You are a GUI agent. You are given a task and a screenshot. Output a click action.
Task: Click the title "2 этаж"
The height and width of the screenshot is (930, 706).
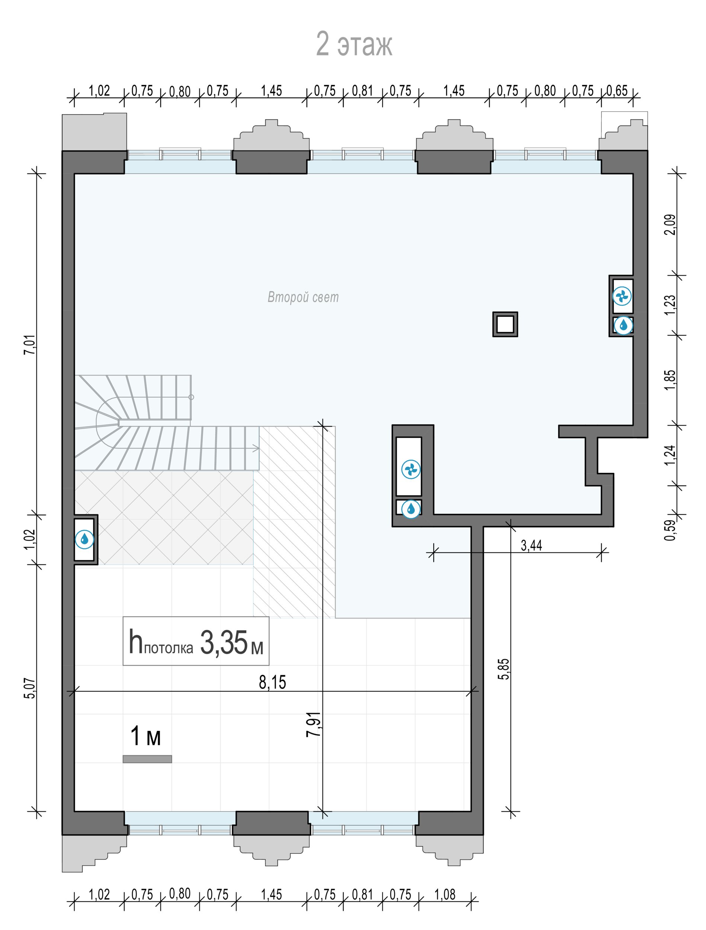tap(354, 44)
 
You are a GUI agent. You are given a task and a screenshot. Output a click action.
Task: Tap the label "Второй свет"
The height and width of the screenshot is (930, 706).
tap(303, 297)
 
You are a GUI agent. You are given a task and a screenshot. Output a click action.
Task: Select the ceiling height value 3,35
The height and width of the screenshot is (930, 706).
tap(224, 642)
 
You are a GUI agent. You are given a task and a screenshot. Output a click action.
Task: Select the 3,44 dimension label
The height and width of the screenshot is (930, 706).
tap(532, 546)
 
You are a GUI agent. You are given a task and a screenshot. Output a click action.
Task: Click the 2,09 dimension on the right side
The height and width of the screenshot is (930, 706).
tap(670, 225)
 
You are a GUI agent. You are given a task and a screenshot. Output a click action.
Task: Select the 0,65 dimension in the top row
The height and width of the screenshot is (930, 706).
tap(617, 90)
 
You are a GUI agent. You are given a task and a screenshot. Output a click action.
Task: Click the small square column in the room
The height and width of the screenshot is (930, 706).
tap(505, 324)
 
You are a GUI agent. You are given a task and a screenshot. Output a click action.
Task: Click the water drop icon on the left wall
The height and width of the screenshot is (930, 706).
tap(84, 539)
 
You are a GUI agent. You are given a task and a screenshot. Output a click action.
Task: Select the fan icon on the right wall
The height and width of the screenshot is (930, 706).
tap(622, 296)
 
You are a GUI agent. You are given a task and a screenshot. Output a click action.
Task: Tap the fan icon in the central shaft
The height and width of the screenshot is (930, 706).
tap(411, 469)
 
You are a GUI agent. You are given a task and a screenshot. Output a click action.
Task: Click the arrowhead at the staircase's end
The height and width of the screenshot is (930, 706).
tap(256, 449)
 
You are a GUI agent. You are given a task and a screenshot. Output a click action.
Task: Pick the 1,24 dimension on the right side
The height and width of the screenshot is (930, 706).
tap(670, 455)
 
